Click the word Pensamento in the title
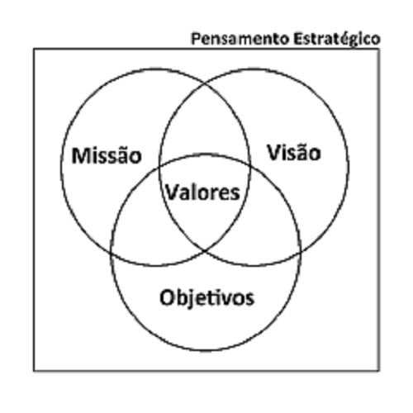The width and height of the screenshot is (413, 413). coord(240,39)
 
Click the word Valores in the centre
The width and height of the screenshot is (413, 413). coord(203,192)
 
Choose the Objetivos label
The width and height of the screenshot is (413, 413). coord(207,298)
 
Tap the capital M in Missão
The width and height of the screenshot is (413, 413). coord(80,156)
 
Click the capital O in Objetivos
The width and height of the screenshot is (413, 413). coord(167,298)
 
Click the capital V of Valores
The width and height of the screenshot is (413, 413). coord(173,192)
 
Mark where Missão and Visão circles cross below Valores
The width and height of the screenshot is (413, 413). coord(205,250)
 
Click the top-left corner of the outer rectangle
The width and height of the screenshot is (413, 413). coord(34,49)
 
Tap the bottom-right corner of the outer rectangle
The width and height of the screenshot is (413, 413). coord(379,371)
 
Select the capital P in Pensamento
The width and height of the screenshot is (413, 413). coord(195,39)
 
